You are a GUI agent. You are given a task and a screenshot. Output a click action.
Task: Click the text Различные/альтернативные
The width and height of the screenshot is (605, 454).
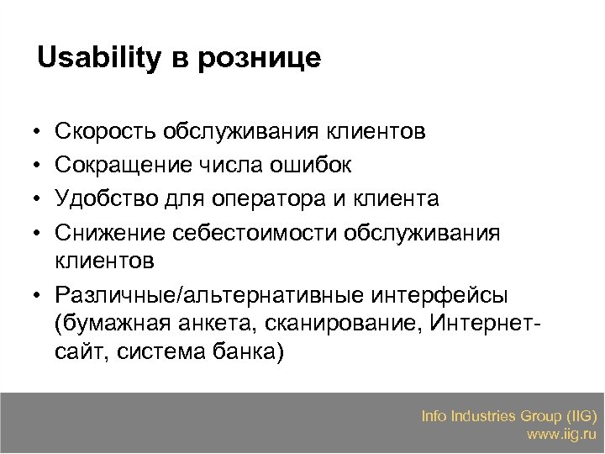[x=195, y=297]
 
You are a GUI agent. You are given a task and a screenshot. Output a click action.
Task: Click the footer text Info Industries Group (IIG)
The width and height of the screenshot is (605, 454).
[x=509, y=416]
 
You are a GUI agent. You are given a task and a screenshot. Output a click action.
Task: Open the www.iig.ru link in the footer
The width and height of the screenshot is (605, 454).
[x=561, y=435]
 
